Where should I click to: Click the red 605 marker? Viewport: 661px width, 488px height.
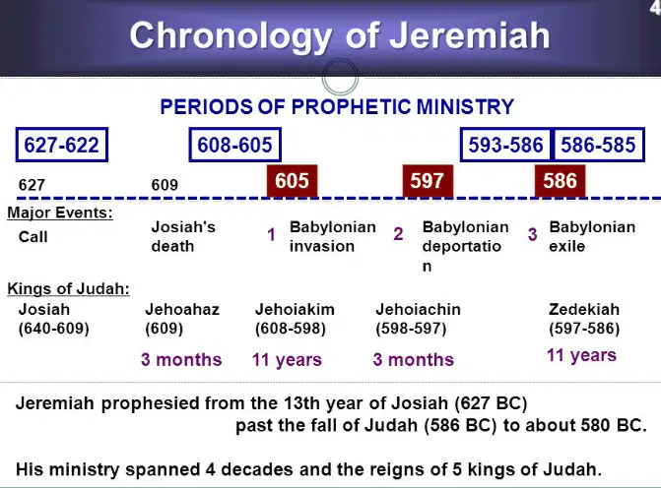coord(292,181)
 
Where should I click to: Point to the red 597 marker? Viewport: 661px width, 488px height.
coord(428,181)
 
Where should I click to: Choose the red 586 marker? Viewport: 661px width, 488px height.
coord(560,181)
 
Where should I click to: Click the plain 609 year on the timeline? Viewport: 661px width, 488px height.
coord(165,185)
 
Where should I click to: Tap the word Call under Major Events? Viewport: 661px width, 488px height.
coord(33,237)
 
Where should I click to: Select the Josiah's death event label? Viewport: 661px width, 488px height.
coord(183,236)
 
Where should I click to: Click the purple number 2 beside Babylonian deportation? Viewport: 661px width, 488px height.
coord(398,234)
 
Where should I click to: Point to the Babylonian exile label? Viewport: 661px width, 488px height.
coord(592,236)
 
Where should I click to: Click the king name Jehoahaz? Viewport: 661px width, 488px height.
coord(182,310)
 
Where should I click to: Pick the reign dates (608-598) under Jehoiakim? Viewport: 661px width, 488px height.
coord(291,329)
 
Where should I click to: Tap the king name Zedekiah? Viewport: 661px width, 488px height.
coord(584,310)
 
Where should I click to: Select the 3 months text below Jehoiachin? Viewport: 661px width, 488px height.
coord(413,359)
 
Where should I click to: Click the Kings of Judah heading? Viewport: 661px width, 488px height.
coord(68,289)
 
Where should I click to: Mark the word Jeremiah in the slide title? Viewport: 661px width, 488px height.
coord(470,35)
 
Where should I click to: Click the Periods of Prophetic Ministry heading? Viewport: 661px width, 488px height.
coord(337,106)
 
